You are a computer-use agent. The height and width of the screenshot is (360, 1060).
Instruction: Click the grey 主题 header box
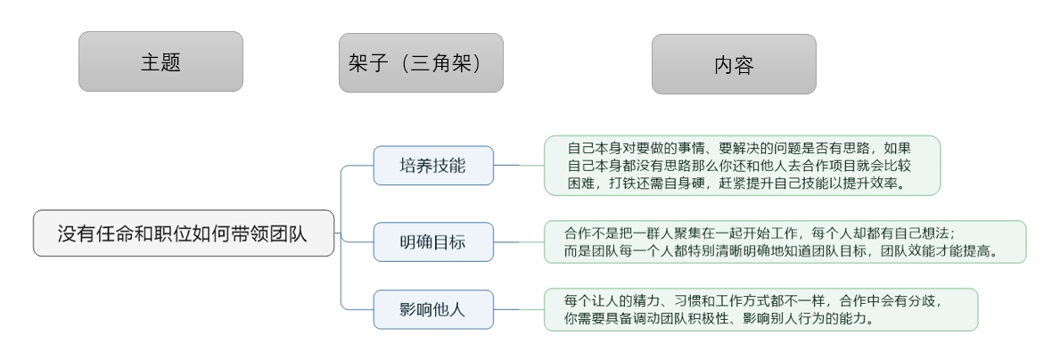click(160, 61)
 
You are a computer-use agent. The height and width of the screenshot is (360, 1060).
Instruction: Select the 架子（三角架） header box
click(421, 63)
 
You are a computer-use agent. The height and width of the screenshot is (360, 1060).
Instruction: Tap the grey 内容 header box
click(734, 64)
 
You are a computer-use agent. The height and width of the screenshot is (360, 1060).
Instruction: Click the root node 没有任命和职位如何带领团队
click(184, 233)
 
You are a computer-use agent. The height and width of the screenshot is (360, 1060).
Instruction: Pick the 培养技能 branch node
click(432, 166)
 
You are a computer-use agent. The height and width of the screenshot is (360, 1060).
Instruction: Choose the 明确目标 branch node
click(432, 241)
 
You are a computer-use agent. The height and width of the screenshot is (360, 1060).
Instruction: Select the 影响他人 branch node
click(432, 309)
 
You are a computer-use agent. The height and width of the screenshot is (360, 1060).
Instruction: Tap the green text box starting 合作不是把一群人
click(785, 241)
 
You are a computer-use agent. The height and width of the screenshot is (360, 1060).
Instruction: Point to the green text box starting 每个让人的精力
click(760, 309)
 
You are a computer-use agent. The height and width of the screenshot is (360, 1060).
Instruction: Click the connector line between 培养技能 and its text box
click(519, 165)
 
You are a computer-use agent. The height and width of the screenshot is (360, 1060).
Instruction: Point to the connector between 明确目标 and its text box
click(519, 241)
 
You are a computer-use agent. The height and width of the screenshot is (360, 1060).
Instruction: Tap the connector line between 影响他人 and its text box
click(519, 309)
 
